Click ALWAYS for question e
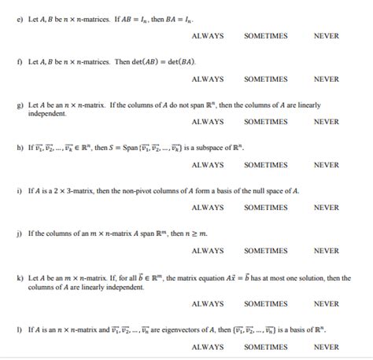tap(208, 36)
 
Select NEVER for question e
tap(327, 36)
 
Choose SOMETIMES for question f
tap(266, 79)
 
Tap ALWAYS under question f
tap(208, 79)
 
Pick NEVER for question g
tap(327, 122)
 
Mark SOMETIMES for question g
tap(266, 122)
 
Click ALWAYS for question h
tap(208, 165)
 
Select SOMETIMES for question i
tap(266, 208)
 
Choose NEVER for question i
tap(327, 208)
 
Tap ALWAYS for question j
tap(208, 251)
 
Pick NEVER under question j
tap(327, 251)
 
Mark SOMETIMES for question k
tap(266, 303)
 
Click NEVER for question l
tap(327, 347)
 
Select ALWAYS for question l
tap(208, 347)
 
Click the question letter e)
tap(19, 18)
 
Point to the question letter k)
tap(19, 278)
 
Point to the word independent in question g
tap(47, 113)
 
